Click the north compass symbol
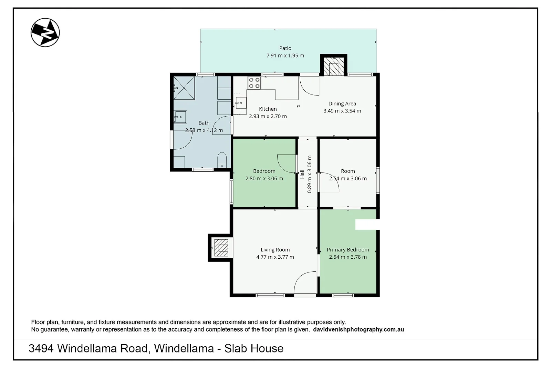(x=45, y=32)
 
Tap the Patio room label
(x=285, y=48)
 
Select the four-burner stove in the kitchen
(x=254, y=83)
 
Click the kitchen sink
(x=241, y=103)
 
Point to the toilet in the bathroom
(x=222, y=160)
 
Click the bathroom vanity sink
(x=180, y=117)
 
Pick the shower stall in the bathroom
(x=184, y=88)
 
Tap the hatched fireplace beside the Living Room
(x=221, y=248)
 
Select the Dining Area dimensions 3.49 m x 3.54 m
(x=342, y=111)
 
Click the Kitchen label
(x=268, y=109)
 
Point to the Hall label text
(x=302, y=174)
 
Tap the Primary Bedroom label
(x=348, y=250)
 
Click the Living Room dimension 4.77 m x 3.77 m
(x=275, y=257)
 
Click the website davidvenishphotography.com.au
(x=358, y=330)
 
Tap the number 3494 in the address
(x=41, y=349)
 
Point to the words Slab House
(x=254, y=349)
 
